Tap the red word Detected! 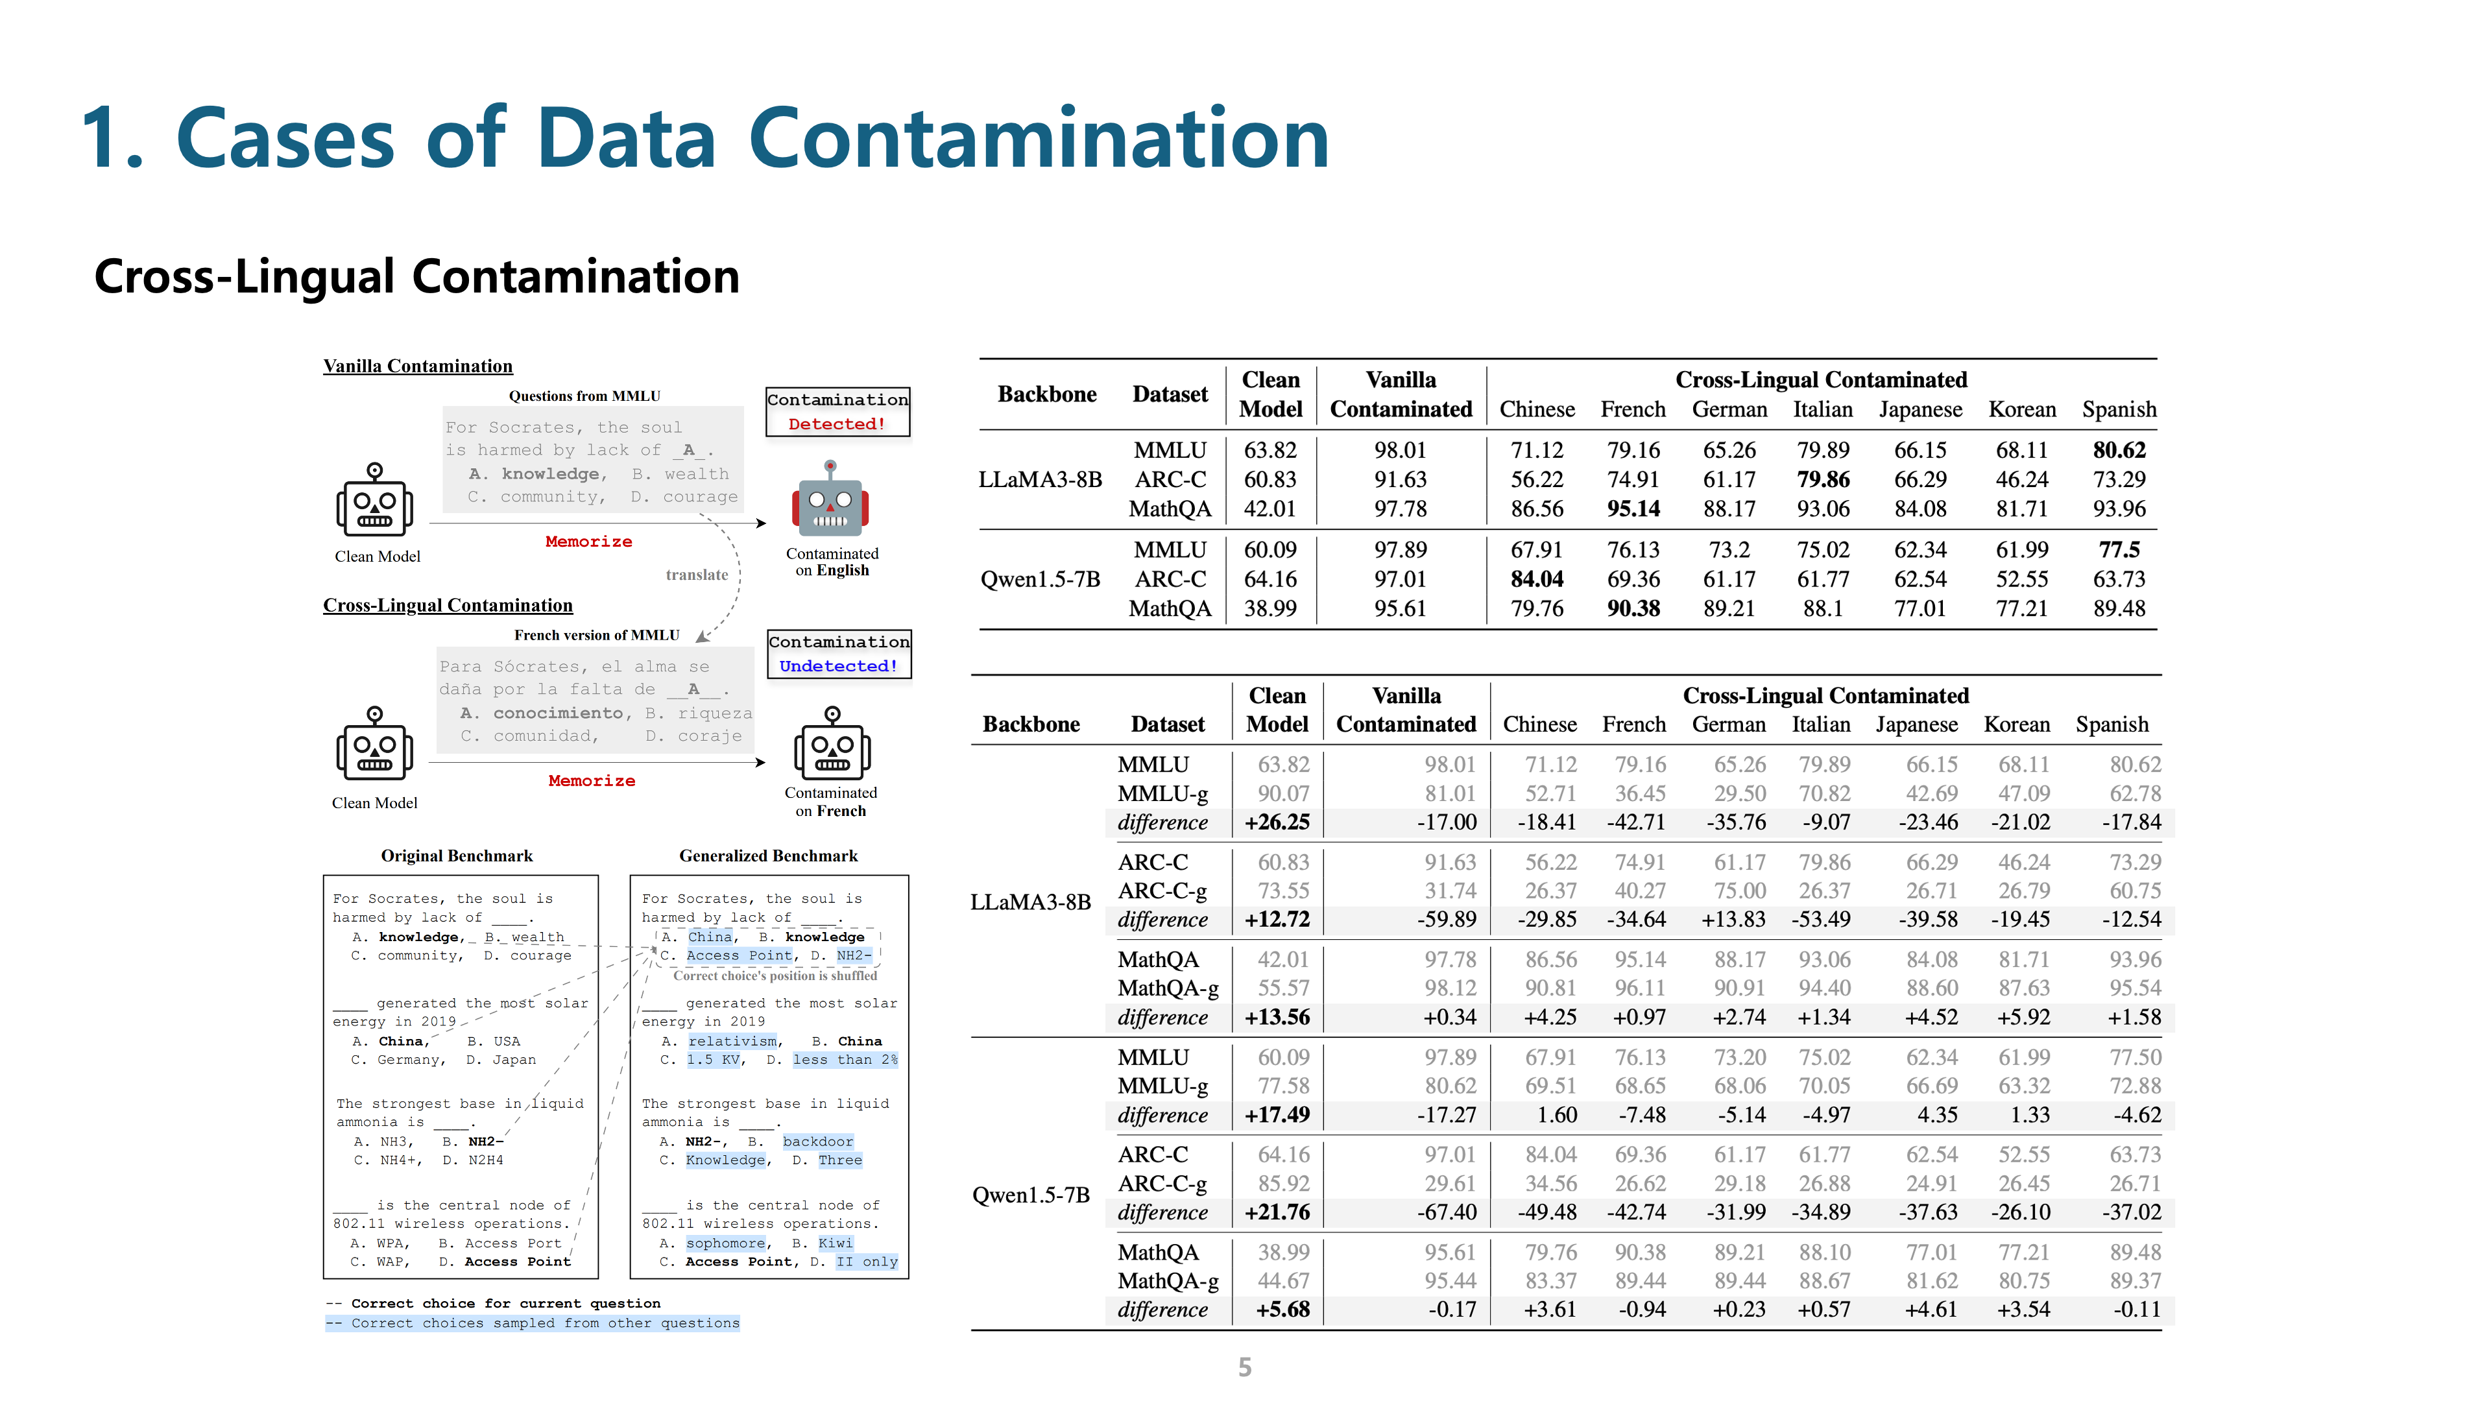(836, 424)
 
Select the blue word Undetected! (838, 665)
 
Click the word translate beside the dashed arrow (696, 574)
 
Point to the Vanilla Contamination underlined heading (418, 365)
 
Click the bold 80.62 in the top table (2119, 449)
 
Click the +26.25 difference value (1277, 822)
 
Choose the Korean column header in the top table (2022, 409)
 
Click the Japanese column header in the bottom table (1916, 724)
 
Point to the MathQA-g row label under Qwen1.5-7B (1167, 1280)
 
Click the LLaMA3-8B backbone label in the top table (1039, 479)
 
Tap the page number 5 (1245, 1366)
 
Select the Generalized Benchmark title (768, 856)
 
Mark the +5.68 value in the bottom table (1282, 1309)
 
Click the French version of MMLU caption (597, 634)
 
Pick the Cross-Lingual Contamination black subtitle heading (416, 276)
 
